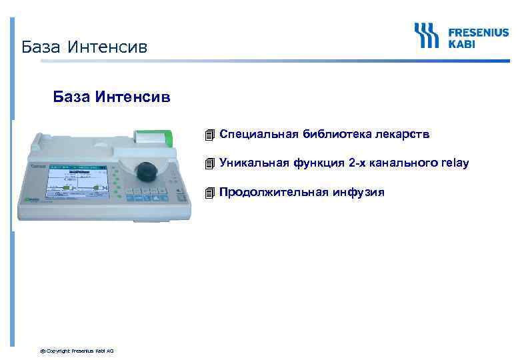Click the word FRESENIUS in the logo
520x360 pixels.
(x=478, y=31)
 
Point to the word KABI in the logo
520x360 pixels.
(x=461, y=43)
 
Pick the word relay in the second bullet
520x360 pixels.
(x=455, y=163)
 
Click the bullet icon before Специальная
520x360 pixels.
(x=210, y=135)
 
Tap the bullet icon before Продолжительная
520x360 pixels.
(x=210, y=193)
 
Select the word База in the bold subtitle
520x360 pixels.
(x=72, y=98)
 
